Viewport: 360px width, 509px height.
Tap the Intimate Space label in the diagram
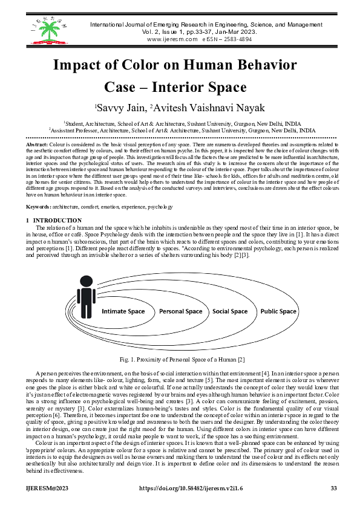[x=123, y=312]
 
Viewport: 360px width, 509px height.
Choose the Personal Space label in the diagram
[x=180, y=312]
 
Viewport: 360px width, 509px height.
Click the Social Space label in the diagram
[x=231, y=312]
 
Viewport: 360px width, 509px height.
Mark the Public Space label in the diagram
[x=278, y=312]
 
